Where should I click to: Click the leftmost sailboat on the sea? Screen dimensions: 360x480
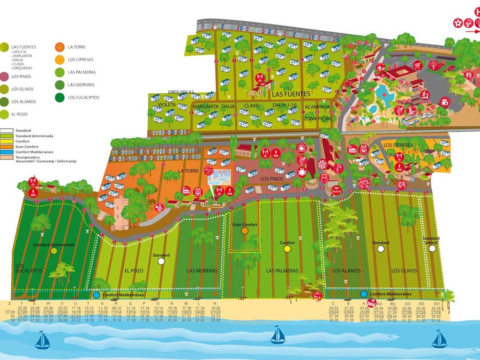pos(42,340)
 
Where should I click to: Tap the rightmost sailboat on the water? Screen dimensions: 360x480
pos(439,339)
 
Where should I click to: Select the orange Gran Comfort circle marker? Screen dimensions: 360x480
pos(245,231)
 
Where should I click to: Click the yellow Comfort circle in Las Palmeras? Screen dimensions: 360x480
pos(287,249)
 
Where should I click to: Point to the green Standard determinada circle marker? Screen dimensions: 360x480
pos(54,251)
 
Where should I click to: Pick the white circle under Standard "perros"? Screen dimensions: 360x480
pos(432,249)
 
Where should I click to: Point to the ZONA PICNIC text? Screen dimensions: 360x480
pos(318,119)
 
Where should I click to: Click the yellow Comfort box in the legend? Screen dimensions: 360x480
pos(7,141)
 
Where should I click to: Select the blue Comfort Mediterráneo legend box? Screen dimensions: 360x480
pos(7,151)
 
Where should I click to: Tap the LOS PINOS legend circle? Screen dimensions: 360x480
pos(4,76)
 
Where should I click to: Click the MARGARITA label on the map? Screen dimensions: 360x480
pos(205,106)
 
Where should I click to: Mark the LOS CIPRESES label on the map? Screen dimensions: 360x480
pos(398,145)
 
